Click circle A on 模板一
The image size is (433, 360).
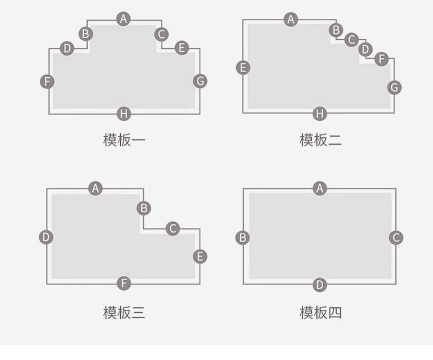123,19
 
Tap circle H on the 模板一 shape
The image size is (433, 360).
124,114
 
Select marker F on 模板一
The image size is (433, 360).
47,81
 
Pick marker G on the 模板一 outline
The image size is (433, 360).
200,81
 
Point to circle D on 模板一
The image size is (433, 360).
67,48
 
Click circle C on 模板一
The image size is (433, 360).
161,34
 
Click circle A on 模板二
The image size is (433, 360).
291,20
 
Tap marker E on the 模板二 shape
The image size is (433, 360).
244,67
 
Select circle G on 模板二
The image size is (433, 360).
394,87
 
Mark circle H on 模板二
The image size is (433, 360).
320,114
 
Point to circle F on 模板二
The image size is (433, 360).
381,58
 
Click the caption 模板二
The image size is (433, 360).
320,140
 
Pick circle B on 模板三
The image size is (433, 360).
144,208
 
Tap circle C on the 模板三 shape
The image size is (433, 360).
173,228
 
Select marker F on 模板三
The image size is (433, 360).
124,283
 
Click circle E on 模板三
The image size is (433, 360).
200,256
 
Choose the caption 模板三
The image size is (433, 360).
124,313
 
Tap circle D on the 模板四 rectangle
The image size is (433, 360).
320,284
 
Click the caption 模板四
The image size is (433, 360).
320,313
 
